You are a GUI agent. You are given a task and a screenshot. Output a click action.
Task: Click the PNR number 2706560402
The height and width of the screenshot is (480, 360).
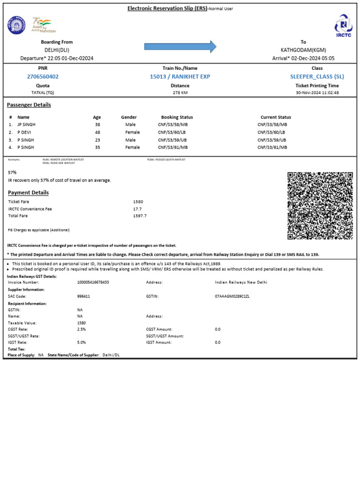(x=43, y=76)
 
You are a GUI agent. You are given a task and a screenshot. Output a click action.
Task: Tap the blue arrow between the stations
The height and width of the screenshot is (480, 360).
(x=180, y=46)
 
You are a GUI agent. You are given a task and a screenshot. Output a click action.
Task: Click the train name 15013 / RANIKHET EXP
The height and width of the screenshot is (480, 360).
(x=180, y=76)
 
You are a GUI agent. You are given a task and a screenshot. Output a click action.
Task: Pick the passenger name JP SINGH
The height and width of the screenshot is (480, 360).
(x=26, y=125)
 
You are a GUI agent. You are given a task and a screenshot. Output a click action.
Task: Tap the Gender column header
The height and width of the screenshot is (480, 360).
(x=129, y=117)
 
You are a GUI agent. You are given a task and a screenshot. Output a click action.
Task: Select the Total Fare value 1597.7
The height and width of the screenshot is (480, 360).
(x=140, y=216)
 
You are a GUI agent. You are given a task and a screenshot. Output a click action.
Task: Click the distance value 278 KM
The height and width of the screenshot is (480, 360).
(x=180, y=93)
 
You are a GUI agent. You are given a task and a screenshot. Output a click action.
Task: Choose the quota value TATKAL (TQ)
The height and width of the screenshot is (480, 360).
(x=43, y=93)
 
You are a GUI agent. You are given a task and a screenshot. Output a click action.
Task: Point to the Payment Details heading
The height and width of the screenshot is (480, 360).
(x=28, y=193)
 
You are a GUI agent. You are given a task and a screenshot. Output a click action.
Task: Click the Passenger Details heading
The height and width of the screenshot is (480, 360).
(x=29, y=105)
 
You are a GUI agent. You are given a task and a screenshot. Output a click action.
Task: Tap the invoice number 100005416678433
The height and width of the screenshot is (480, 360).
(x=93, y=282)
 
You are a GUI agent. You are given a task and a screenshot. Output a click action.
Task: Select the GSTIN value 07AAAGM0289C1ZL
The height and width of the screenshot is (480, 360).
(x=232, y=296)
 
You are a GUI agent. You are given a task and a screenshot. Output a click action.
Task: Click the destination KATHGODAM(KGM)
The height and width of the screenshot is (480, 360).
(x=303, y=50)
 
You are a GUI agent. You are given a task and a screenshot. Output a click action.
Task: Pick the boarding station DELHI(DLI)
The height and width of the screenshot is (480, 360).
(x=57, y=50)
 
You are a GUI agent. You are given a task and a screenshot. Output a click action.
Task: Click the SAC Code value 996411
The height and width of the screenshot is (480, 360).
(x=83, y=296)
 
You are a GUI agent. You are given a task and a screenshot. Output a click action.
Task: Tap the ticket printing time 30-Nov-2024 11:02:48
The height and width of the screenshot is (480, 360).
(x=317, y=93)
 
